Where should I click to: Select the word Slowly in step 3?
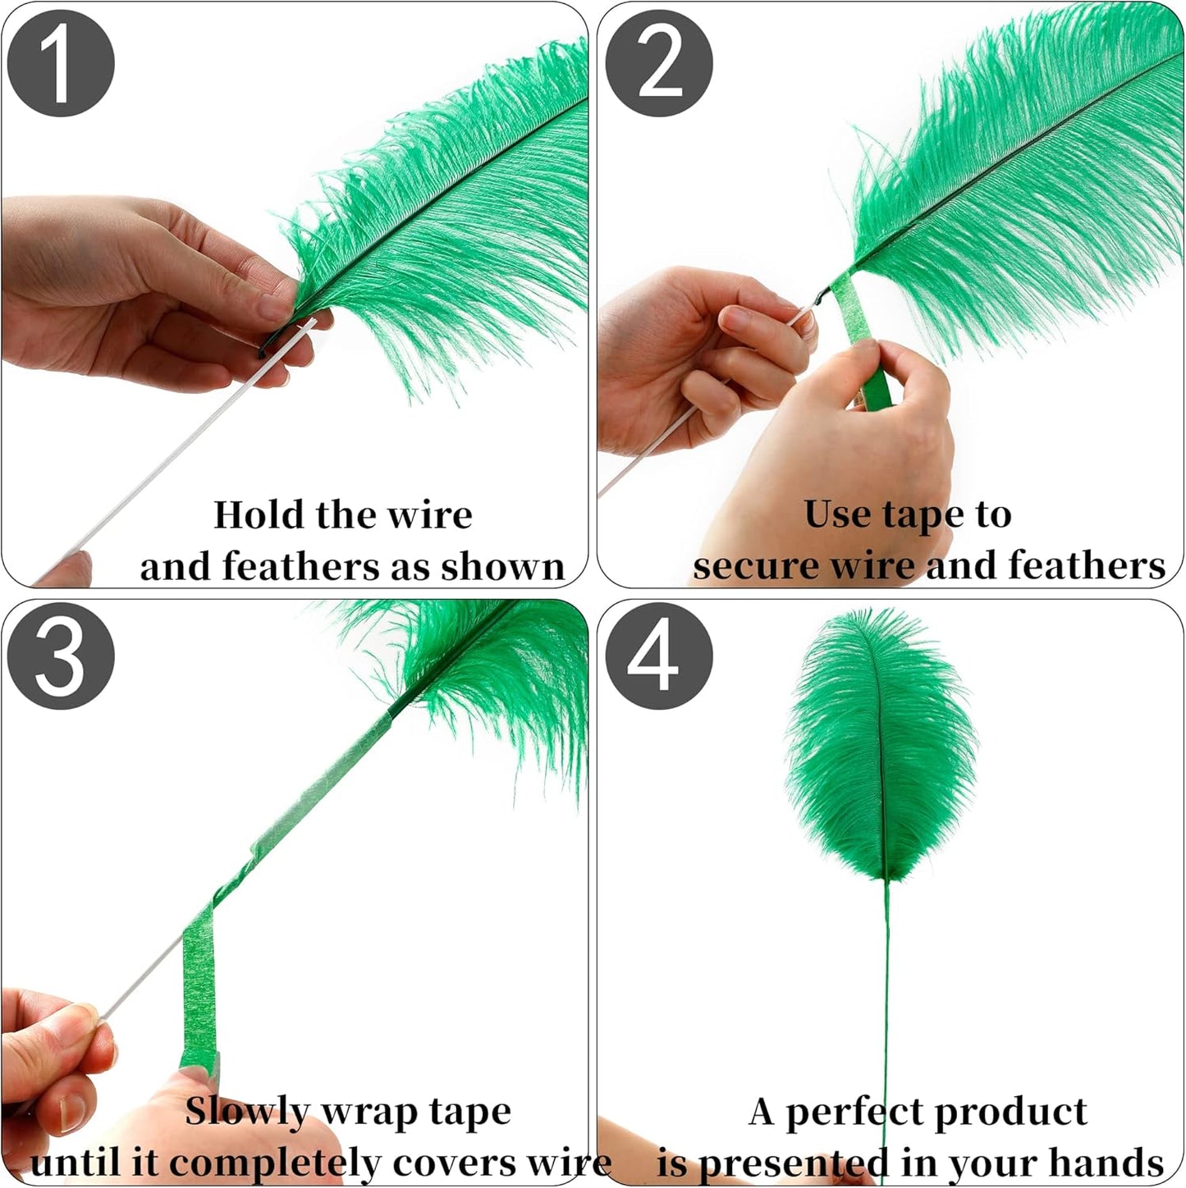tap(246, 1112)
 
